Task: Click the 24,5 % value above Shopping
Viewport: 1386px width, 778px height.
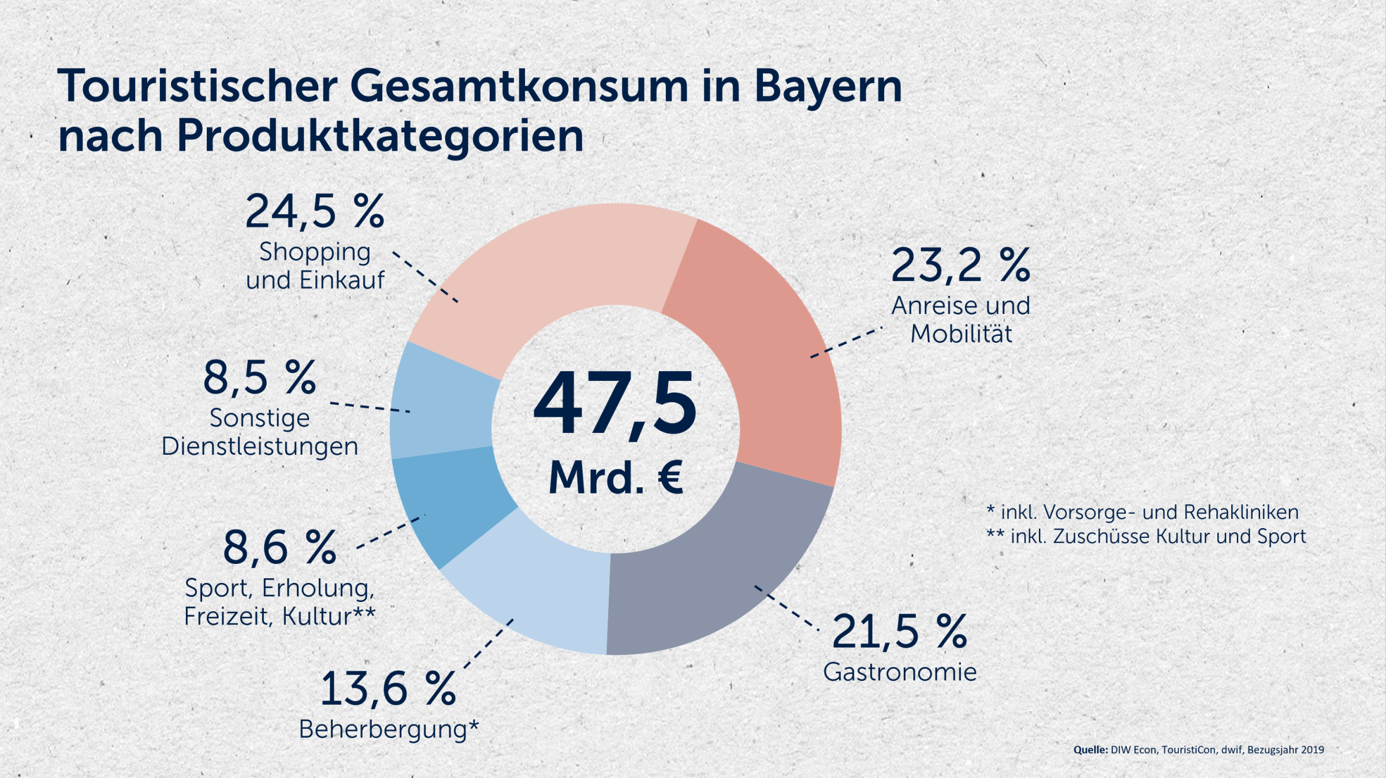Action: click(315, 212)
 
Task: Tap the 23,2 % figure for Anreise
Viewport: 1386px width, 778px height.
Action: click(960, 266)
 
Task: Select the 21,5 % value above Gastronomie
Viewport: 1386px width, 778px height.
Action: click(899, 631)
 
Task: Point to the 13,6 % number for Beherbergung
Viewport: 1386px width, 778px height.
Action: click(388, 689)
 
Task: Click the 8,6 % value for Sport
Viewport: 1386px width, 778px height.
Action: click(280, 548)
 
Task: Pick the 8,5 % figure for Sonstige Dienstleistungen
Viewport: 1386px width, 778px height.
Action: click(259, 378)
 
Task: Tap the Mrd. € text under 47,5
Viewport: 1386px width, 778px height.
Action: click(616, 478)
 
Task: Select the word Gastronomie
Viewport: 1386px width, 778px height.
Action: click(900, 672)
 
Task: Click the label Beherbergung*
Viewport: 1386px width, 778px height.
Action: click(389, 730)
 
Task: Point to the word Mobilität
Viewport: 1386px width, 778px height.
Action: click(961, 334)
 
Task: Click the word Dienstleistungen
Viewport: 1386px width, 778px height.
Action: click(259, 447)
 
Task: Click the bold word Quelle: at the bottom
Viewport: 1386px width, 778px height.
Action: click(1090, 750)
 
